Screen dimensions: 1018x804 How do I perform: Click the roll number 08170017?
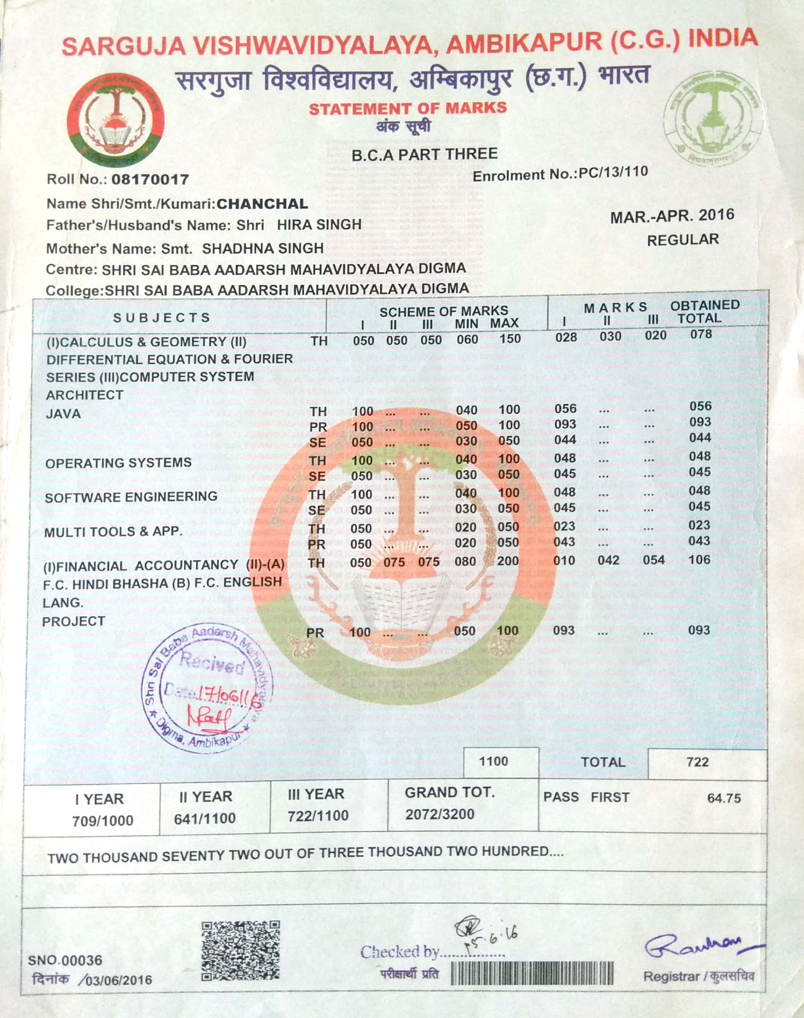150,179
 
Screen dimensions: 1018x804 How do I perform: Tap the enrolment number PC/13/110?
613,172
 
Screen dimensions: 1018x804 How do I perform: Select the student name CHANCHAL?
262,204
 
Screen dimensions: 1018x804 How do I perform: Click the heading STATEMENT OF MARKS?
408,108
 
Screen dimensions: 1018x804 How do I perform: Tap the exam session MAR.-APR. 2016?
672,216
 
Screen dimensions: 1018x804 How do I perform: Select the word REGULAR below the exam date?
683,240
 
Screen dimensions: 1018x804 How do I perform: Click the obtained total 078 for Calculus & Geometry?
701,335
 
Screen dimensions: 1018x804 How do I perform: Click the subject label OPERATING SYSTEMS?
118,463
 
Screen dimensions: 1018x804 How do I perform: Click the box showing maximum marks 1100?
493,762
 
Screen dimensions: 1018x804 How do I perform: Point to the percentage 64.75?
724,798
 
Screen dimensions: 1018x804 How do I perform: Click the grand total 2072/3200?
440,814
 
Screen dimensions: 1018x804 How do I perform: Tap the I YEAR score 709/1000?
103,821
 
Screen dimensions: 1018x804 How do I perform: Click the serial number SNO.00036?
65,960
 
